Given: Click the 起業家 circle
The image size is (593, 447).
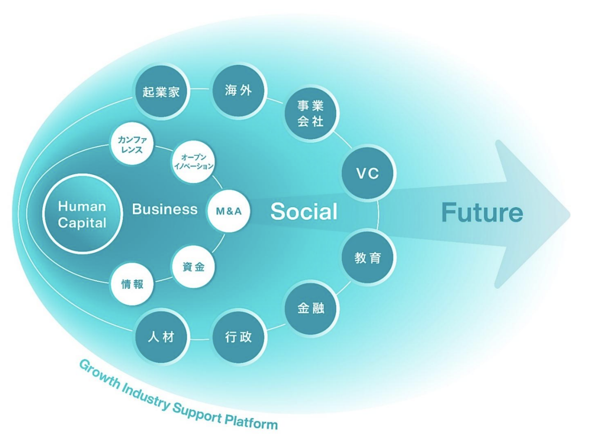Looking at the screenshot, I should click(161, 91).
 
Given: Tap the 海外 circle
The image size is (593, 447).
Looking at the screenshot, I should click(238, 90).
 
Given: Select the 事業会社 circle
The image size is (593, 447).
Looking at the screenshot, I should click(310, 113).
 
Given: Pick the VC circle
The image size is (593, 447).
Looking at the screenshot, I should click(367, 174).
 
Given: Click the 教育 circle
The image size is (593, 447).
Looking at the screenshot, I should click(368, 258).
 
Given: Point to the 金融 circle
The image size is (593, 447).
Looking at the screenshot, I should click(310, 308).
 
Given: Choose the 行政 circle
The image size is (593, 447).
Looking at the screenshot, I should click(238, 337).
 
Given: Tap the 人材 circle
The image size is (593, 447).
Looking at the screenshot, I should click(161, 336).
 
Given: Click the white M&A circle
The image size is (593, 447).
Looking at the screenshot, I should click(228, 211).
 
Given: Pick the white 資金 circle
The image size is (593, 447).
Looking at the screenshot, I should click(193, 267).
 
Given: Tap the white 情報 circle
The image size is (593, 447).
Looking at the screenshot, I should click(132, 284).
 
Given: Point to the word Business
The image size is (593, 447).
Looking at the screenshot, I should click(165, 210).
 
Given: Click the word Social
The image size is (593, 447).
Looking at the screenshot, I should click(304, 211).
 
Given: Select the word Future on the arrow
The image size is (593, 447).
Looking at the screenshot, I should click(482, 213).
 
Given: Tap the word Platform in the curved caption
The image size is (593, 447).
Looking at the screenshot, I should click(251, 421).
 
